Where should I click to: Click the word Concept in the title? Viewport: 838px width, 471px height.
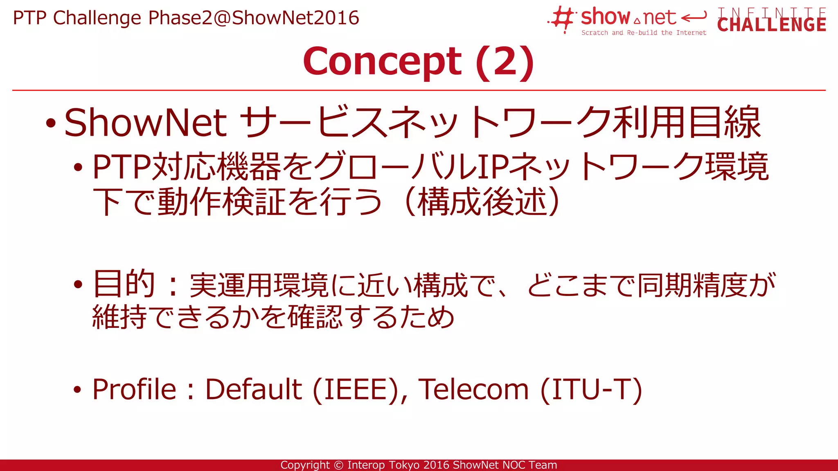[x=382, y=62]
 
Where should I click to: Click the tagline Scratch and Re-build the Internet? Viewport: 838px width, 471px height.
[x=644, y=33]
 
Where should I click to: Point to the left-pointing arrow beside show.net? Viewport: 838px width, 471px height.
[x=694, y=17]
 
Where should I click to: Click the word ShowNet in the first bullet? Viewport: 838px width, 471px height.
[x=146, y=123]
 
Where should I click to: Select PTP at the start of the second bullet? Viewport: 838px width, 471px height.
[x=121, y=167]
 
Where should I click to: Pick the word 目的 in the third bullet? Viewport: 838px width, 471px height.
[x=124, y=284]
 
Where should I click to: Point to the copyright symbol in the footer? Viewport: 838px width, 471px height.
[x=338, y=465]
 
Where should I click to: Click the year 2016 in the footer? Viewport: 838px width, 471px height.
[x=436, y=465]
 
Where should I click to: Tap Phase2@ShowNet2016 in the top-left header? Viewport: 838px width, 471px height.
[x=253, y=18]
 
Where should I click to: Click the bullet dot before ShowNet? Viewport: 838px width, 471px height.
[x=51, y=123]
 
